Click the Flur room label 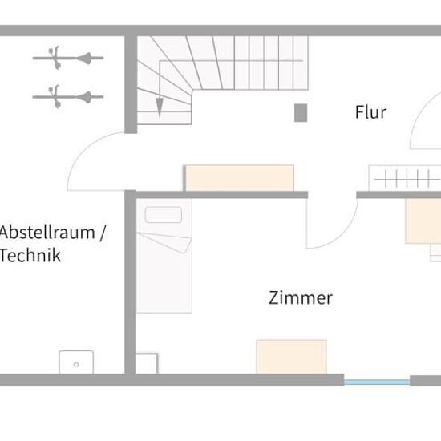point(370,112)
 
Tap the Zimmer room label point(301,297)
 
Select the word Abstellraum point(47,233)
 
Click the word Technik point(30,255)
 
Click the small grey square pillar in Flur point(301,113)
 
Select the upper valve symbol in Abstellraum point(68,58)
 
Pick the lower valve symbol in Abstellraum point(68,97)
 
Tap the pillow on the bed point(163,215)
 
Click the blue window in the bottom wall point(377,382)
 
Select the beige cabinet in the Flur point(240,178)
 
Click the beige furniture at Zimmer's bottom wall point(291,357)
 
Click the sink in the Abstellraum point(76,362)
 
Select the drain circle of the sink point(76,365)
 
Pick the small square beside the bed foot point(147,364)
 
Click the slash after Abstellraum point(103,233)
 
